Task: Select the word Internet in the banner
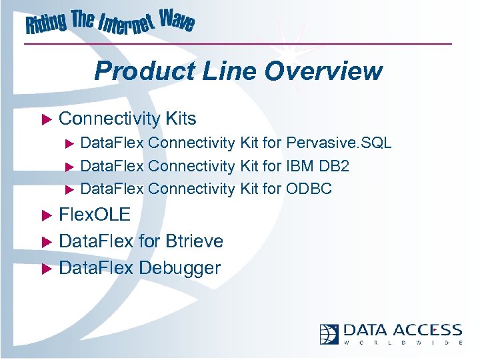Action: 127,27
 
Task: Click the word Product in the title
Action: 137,71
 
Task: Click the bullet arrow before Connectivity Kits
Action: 47,119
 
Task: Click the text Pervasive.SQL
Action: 339,143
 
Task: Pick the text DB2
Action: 336,166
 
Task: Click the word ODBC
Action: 309,189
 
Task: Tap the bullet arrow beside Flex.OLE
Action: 47,215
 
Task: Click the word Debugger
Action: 179,268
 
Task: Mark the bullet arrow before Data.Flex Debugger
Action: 47,269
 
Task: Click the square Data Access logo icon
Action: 329,333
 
